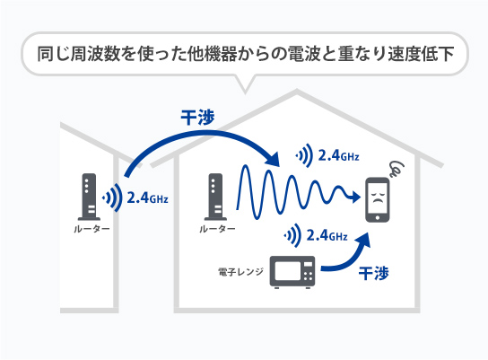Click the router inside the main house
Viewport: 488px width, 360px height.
[215, 198]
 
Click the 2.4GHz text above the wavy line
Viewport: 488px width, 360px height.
[339, 156]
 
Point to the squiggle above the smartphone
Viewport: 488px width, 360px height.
[396, 168]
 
